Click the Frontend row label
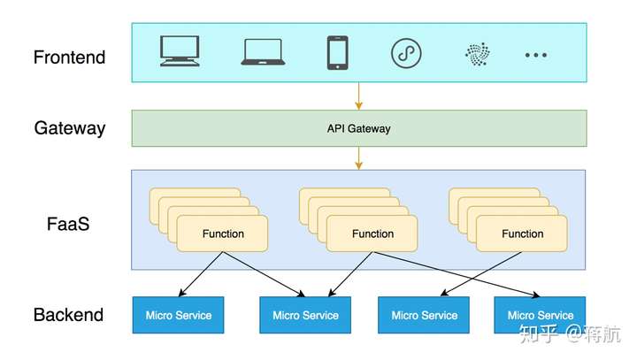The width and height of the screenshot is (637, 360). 69,57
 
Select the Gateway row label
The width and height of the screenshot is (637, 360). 70,128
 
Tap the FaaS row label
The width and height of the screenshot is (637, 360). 68,224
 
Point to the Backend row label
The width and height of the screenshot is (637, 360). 68,315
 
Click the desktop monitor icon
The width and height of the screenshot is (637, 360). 180,52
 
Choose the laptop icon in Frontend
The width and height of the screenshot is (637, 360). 263,52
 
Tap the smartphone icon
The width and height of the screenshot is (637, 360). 337,52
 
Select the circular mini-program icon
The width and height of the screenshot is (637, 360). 406,53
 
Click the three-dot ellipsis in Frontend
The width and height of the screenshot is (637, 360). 536,55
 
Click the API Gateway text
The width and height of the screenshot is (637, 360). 358,128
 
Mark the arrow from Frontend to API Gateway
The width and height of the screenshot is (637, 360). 358,96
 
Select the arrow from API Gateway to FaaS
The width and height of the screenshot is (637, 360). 358,158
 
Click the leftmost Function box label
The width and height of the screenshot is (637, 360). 223,234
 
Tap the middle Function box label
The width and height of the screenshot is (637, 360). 372,234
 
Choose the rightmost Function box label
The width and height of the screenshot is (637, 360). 522,234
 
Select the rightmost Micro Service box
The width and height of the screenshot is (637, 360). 540,315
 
